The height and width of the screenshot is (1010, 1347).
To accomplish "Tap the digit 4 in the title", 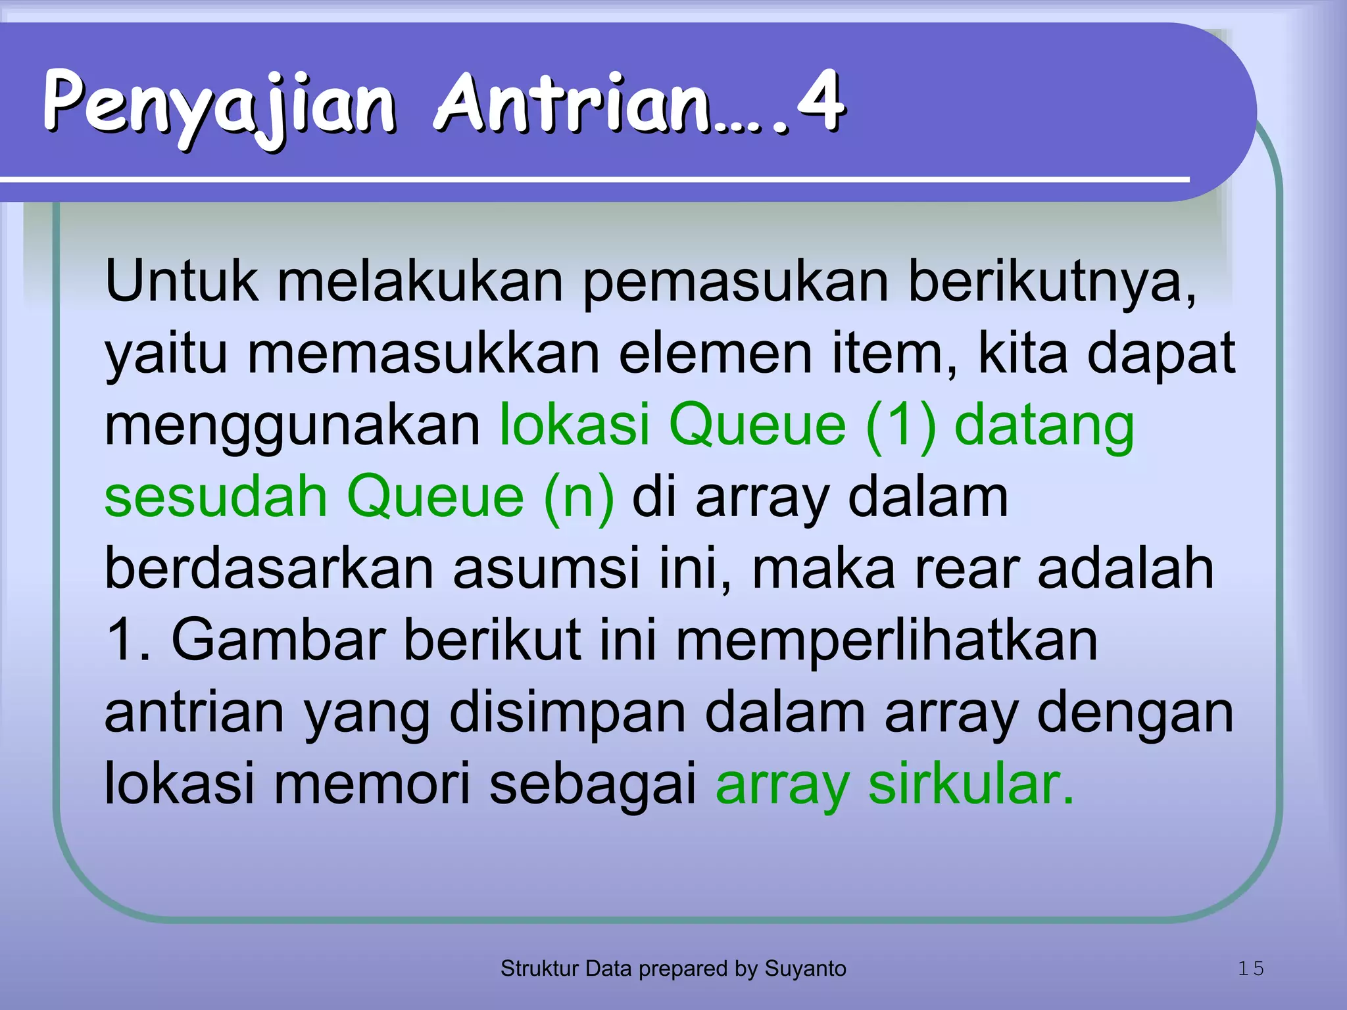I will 819,102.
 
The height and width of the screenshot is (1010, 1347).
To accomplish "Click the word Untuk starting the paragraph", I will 181,281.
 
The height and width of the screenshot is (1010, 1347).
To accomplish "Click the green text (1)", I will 901,425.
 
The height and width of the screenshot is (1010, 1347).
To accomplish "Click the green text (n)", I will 579,498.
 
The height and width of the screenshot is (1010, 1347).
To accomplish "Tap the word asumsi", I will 546,569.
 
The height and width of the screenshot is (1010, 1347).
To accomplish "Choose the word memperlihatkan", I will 887,641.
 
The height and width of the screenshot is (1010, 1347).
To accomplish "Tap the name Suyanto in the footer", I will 805,969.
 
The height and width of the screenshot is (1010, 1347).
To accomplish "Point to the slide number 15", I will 1251,969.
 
